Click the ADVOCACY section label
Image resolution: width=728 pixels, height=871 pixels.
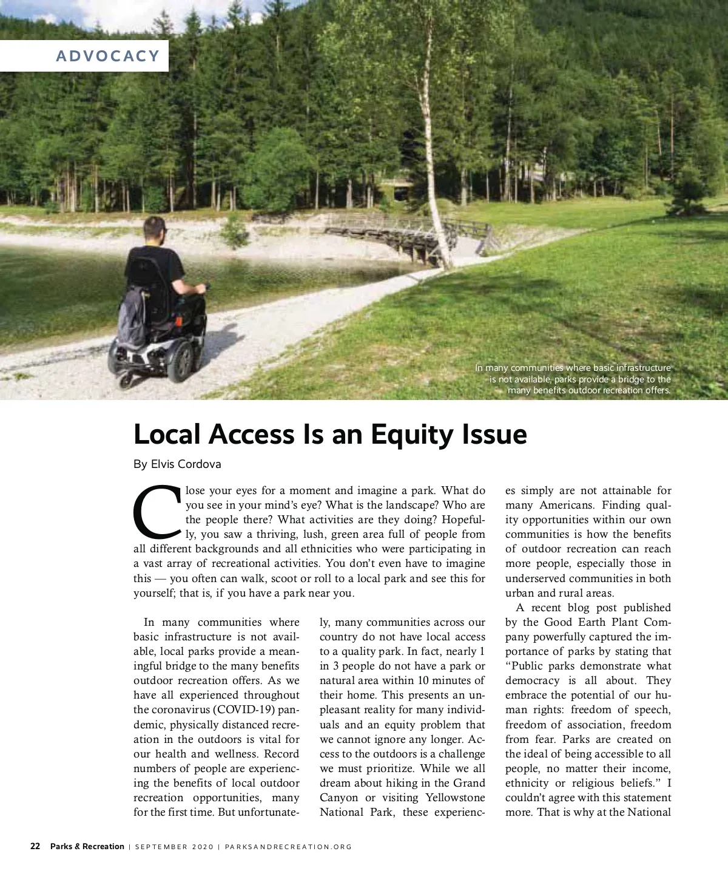(x=107, y=56)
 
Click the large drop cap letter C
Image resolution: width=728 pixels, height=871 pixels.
(x=157, y=513)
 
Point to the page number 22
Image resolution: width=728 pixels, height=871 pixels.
(x=35, y=846)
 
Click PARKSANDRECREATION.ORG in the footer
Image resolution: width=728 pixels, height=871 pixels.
(x=288, y=847)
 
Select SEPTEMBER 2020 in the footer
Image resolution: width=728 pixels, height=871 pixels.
(x=174, y=847)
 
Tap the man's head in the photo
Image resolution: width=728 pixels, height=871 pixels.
(x=155, y=231)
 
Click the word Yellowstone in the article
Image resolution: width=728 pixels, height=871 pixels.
(x=455, y=798)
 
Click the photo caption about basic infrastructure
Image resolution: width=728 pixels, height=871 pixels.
(x=573, y=379)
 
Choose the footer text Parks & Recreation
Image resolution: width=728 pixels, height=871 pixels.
(x=87, y=846)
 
